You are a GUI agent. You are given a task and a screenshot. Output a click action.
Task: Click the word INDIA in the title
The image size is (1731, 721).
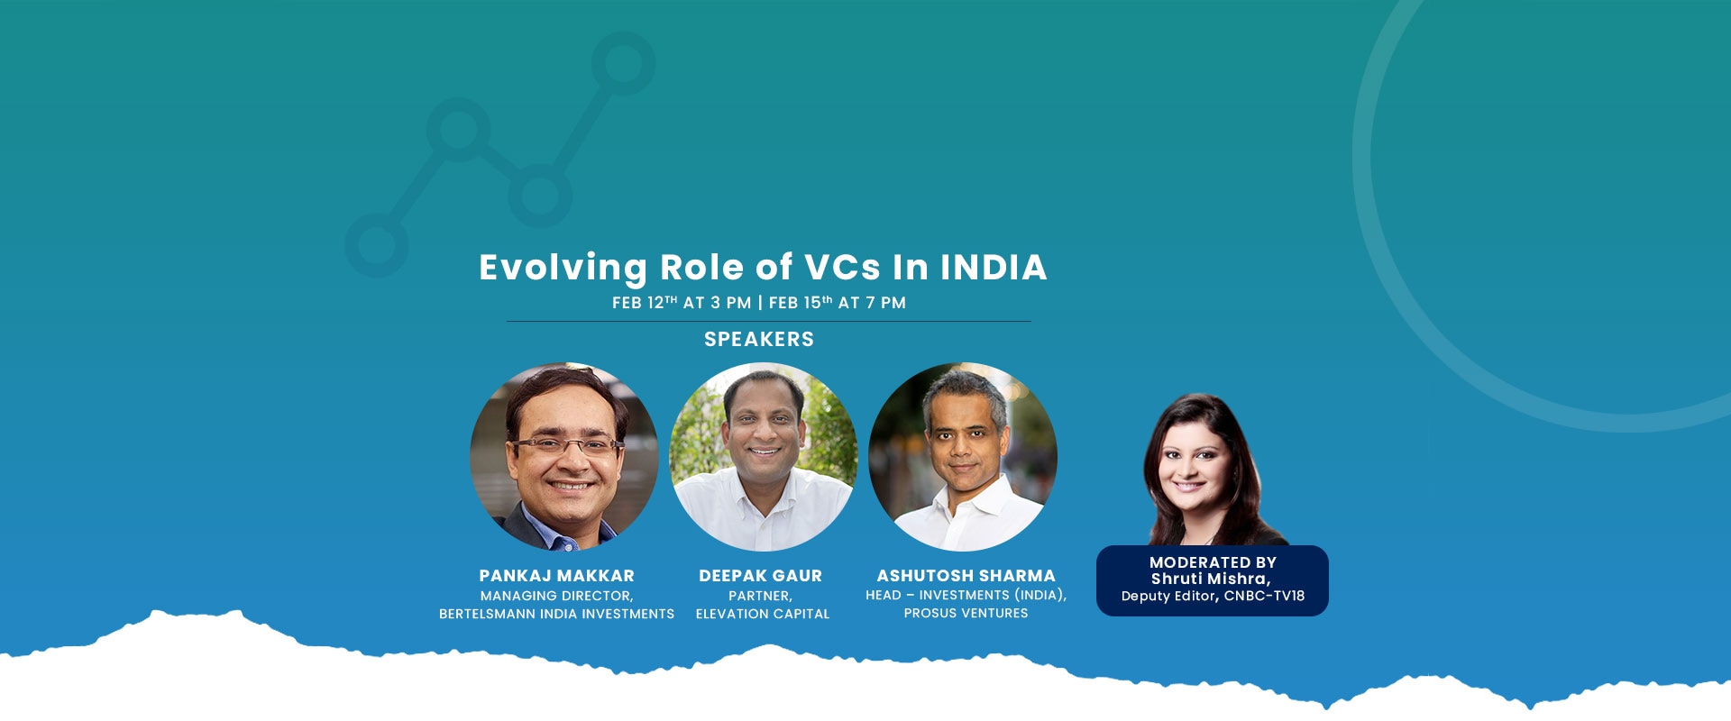tap(994, 267)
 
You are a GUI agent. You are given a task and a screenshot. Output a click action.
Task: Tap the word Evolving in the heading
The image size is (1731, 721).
tap(563, 269)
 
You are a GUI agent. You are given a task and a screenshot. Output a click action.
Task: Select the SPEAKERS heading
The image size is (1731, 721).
tap(759, 339)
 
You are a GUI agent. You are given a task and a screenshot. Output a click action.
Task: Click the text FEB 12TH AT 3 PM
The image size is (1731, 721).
tap(682, 303)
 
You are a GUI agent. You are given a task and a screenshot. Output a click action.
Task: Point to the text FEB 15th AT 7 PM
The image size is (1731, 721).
tap(838, 303)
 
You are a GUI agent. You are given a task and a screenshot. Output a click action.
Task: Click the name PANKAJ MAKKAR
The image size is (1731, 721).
tap(557, 575)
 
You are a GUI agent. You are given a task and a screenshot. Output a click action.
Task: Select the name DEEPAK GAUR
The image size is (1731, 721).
tap(761, 575)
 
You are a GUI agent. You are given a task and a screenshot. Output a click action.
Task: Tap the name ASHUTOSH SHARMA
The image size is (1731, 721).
tap(966, 575)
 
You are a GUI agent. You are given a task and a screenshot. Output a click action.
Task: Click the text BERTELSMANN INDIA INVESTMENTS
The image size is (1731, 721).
tap(557, 614)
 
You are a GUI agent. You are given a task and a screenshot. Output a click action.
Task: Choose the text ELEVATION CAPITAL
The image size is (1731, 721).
tap(763, 614)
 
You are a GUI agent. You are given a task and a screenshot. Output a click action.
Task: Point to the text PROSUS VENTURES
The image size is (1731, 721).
tap(966, 613)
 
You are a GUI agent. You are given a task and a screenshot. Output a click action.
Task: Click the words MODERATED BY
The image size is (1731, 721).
tap(1213, 562)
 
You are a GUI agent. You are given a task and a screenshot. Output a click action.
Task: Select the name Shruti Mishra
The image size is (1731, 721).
tap(1209, 579)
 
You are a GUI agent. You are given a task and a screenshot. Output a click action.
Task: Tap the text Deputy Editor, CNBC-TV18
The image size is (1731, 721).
tap(1213, 596)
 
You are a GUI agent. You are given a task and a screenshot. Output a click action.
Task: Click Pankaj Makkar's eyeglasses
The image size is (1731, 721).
tap(566, 444)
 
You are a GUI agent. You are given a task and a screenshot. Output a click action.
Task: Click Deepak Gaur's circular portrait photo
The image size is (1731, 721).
tap(764, 457)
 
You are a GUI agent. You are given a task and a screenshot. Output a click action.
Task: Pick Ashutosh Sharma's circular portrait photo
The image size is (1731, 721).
tap(963, 457)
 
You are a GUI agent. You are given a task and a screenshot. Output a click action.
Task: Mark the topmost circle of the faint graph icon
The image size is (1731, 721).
tap(623, 63)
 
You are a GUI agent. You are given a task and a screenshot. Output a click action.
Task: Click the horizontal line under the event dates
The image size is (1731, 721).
tap(768, 321)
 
